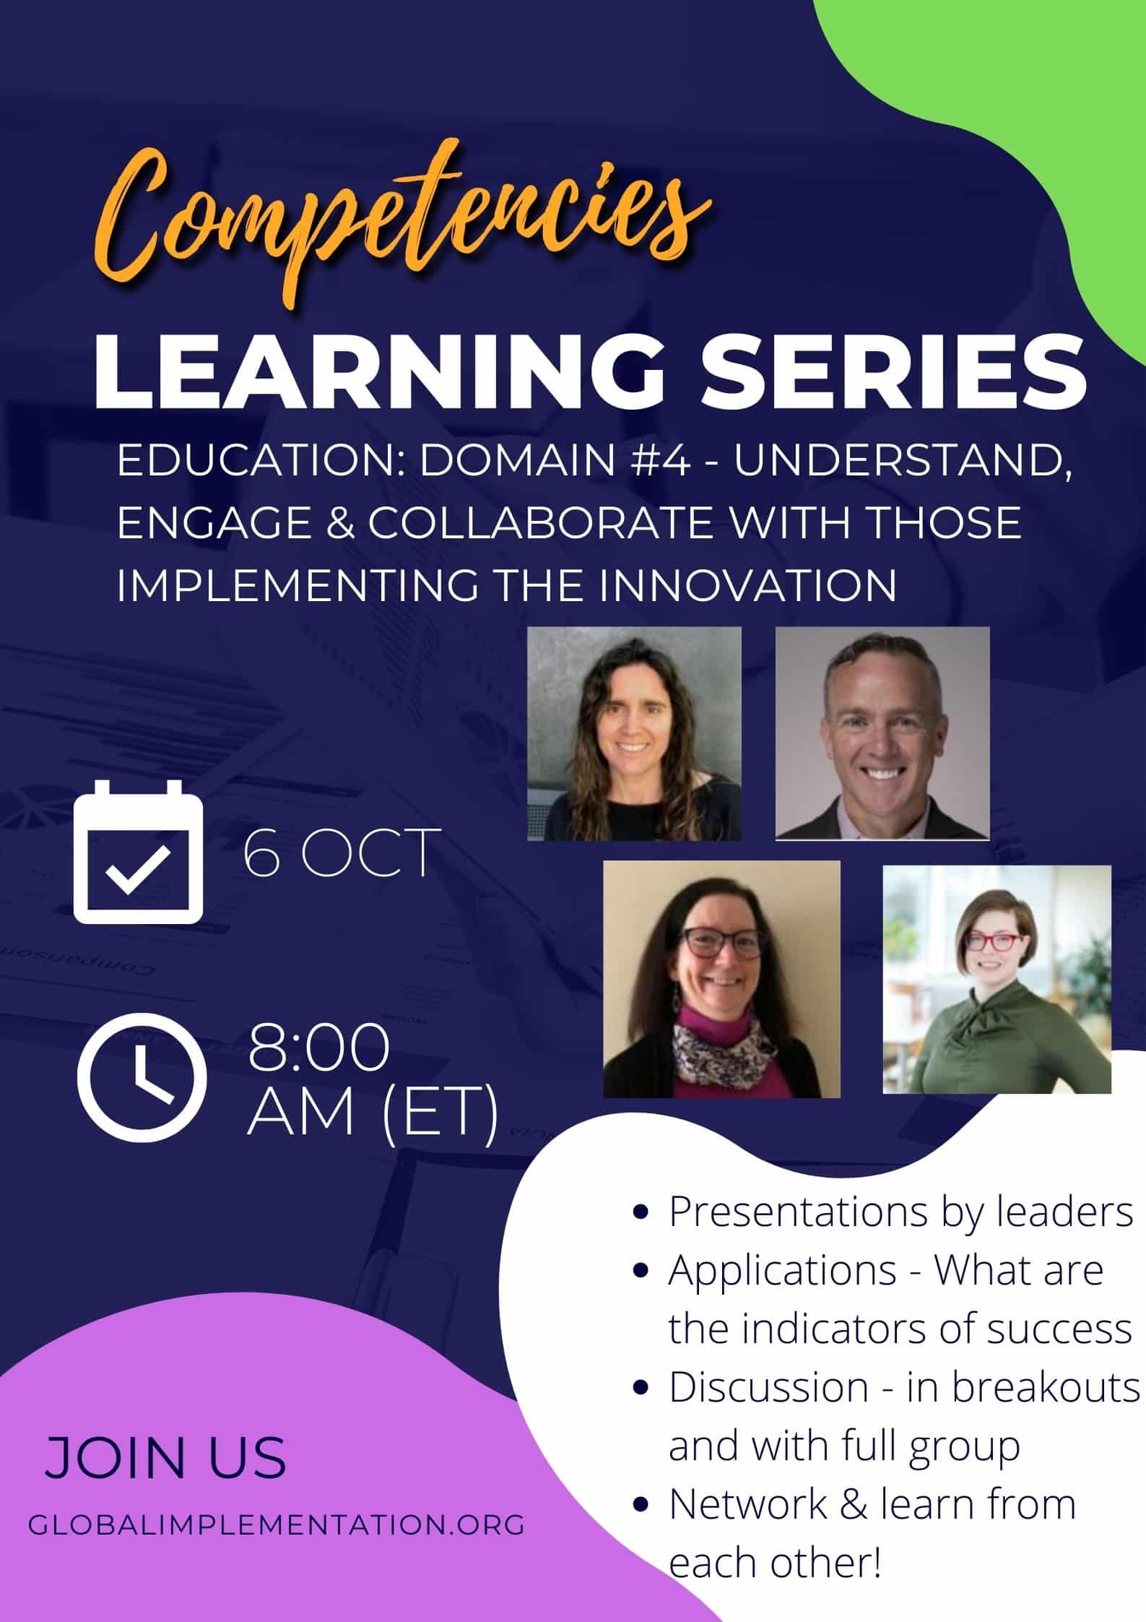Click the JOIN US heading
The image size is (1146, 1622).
166,1438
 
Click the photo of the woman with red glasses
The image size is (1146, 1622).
997,980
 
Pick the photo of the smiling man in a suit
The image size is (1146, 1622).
882,733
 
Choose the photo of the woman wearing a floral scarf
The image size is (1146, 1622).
721,979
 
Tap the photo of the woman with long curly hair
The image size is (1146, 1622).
634,733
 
